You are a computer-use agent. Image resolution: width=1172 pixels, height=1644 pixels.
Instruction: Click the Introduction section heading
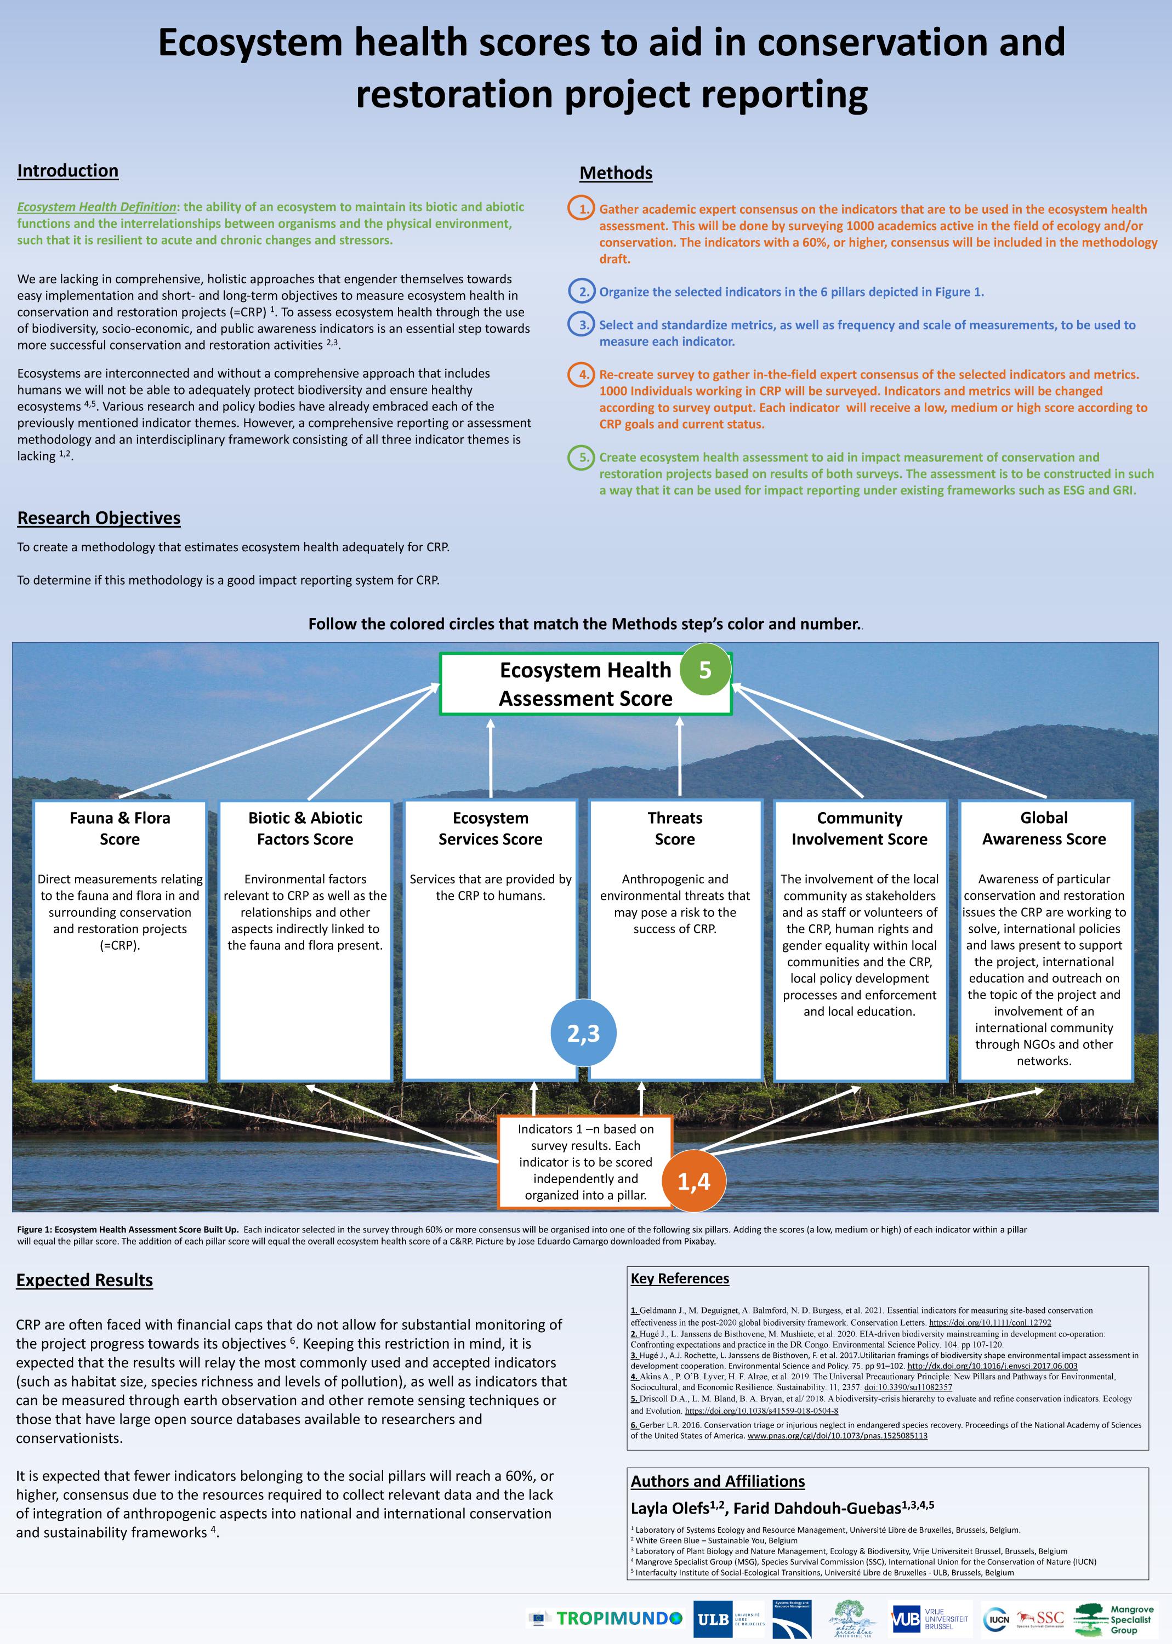coord(68,171)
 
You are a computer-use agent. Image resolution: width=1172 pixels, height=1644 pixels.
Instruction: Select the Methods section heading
coord(616,173)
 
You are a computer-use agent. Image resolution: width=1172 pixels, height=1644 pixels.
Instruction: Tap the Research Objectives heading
coord(99,518)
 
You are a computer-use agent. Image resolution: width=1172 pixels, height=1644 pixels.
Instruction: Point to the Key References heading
coord(680,1278)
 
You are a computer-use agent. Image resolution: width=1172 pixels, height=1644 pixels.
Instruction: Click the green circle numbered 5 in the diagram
coord(705,670)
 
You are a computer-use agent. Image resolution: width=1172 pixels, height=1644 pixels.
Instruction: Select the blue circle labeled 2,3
coord(583,1033)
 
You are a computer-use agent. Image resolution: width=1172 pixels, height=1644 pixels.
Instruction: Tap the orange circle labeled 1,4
coord(693,1181)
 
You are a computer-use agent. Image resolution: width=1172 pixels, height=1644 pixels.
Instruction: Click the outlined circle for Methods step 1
coord(582,209)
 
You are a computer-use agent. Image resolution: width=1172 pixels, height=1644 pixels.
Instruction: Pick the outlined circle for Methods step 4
coord(582,374)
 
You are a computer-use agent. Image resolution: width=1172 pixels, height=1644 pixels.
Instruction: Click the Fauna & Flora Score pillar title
coord(120,828)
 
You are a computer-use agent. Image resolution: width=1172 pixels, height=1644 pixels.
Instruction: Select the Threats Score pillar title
coord(675,828)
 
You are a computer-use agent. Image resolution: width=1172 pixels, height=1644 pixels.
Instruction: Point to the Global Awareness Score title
coord(1044,828)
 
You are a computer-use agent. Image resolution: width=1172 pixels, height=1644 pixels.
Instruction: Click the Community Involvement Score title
coord(859,828)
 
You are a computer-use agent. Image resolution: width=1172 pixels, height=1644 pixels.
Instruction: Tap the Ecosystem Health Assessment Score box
coord(585,684)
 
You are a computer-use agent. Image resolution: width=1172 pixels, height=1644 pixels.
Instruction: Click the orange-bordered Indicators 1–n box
coord(585,1161)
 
